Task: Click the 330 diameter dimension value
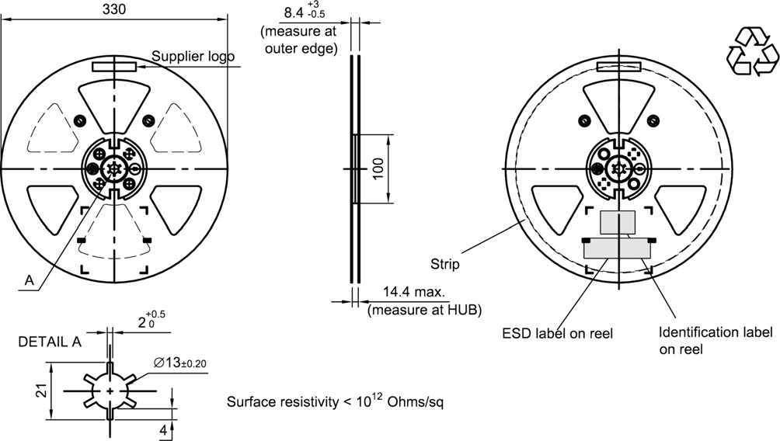click(x=113, y=9)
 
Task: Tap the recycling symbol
click(x=751, y=50)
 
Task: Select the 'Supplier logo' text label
click(x=193, y=56)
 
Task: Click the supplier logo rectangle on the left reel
click(x=114, y=67)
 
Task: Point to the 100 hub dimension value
click(x=378, y=170)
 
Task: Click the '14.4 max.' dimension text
click(x=414, y=293)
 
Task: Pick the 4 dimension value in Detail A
click(x=164, y=430)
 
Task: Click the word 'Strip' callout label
click(x=446, y=264)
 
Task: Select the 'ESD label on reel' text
click(x=557, y=334)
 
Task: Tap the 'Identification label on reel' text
click(x=715, y=341)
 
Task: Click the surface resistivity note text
click(x=335, y=402)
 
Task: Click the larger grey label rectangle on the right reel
click(x=618, y=248)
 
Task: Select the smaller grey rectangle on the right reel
click(x=618, y=221)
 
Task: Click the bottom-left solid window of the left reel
click(x=52, y=208)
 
